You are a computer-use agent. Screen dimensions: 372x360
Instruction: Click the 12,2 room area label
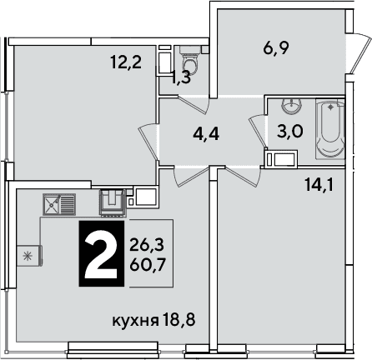coord(126,62)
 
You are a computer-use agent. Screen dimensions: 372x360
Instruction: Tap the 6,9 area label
coord(276,48)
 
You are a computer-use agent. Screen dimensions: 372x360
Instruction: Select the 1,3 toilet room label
coord(181,77)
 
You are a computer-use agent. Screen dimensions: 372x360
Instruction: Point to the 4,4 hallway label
coord(206,134)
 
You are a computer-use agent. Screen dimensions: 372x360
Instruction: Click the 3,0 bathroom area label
coord(290,131)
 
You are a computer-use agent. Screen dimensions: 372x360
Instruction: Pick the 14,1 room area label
coord(319,185)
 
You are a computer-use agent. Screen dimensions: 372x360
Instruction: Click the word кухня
coord(135,321)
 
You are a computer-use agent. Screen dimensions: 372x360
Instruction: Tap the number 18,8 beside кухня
coord(179,320)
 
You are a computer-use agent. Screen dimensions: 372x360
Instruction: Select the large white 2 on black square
coord(102,253)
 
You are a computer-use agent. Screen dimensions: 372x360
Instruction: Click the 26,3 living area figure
coord(147,245)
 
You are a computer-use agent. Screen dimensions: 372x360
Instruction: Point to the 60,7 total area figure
coord(148,265)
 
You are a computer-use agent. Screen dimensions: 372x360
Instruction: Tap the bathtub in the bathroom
coord(330,130)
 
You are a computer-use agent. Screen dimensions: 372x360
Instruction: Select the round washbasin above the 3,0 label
coord(291,106)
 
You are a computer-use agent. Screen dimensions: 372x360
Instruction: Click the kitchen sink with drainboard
coord(59,204)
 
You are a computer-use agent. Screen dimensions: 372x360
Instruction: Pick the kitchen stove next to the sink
coord(113,202)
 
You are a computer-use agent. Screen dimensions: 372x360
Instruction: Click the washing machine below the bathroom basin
coord(281,159)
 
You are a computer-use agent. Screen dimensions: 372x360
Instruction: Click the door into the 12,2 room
coord(148,142)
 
